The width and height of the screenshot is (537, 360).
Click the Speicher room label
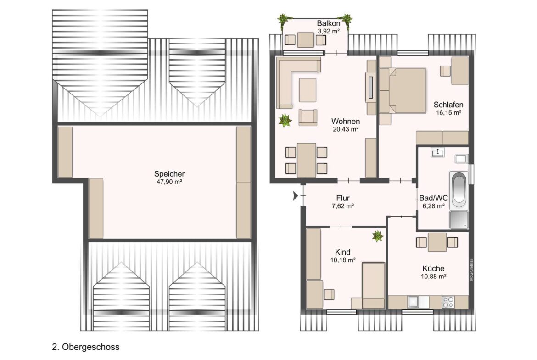pos(169,173)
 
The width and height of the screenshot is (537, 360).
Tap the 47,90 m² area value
pos(169,182)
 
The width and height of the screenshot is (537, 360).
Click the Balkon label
pos(329,23)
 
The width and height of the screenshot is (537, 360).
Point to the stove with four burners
pos(448,302)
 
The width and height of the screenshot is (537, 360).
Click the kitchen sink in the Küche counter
pos(414,302)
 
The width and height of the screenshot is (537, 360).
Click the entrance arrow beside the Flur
pos(296,196)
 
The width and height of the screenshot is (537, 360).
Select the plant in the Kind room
pos(377,236)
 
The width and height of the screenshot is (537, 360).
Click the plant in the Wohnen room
pos(285,121)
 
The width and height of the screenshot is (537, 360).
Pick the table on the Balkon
pos(306,40)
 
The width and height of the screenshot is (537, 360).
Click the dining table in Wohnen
pos(306,160)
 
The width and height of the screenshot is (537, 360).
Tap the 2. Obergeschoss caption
pos(86,347)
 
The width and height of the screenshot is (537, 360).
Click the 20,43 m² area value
pos(346,129)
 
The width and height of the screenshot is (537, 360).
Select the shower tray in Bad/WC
pos(459,219)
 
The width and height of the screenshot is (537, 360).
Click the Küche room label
pos(433,268)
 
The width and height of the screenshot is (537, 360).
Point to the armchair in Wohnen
pos(308,117)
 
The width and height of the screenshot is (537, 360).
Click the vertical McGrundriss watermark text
pos(471,270)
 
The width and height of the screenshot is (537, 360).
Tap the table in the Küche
pos(437,242)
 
